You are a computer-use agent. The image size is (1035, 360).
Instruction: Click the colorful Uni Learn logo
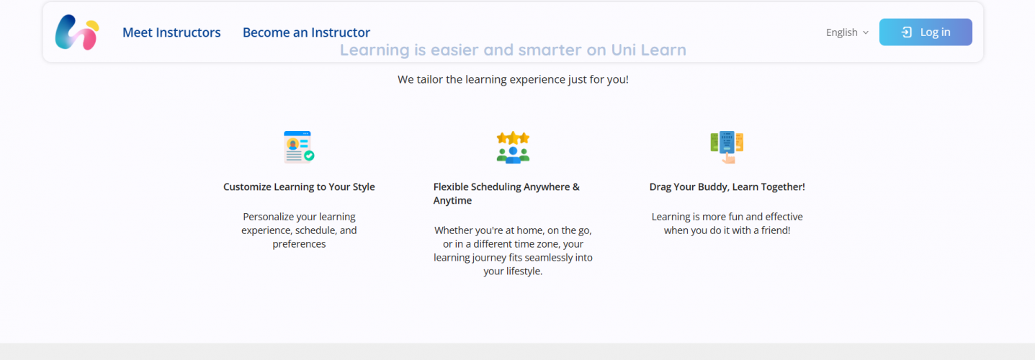pyautogui.click(x=76, y=32)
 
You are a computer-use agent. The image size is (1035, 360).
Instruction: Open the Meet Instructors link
pyautogui.click(x=171, y=32)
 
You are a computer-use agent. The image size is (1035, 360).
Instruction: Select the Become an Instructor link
pyautogui.click(x=306, y=32)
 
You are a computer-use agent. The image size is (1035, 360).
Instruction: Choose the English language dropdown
pyautogui.click(x=847, y=32)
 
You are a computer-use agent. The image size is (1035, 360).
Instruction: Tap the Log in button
pyautogui.click(x=926, y=32)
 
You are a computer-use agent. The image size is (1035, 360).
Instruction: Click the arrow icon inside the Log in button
pyautogui.click(x=907, y=32)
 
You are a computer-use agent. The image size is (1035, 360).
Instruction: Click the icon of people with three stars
pyautogui.click(x=513, y=147)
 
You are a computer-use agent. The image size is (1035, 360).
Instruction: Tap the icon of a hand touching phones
pyautogui.click(x=727, y=147)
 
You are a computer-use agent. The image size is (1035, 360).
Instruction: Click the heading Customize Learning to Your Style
pyautogui.click(x=299, y=187)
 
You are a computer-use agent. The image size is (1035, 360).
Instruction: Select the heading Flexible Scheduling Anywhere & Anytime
pyautogui.click(x=506, y=194)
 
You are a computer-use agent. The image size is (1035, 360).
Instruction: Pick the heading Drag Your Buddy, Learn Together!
pyautogui.click(x=727, y=187)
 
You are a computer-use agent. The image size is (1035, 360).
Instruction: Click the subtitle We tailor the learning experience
pyautogui.click(x=513, y=79)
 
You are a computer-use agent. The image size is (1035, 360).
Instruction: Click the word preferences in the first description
pyautogui.click(x=299, y=244)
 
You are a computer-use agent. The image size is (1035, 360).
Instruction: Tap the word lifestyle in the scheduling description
pyautogui.click(x=523, y=271)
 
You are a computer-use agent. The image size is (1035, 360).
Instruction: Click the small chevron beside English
pyautogui.click(x=866, y=32)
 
